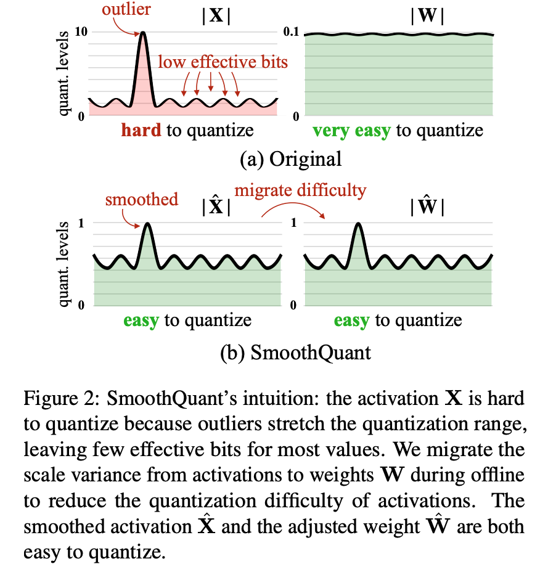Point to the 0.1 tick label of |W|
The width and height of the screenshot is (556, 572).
290,32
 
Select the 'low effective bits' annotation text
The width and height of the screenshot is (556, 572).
223,63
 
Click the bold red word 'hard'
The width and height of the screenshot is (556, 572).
142,131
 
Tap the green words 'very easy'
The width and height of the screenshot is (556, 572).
351,131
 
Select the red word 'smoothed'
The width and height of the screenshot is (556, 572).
141,199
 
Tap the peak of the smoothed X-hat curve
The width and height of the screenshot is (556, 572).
146,225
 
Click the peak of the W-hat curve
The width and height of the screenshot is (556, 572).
358,225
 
